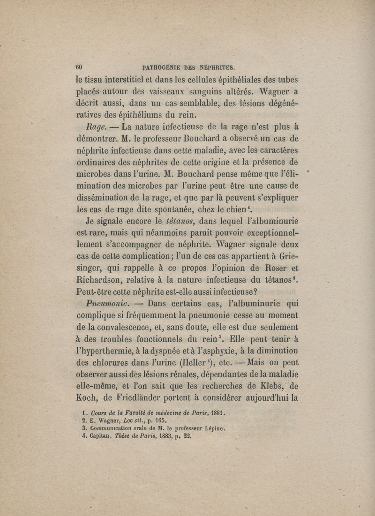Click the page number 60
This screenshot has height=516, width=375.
coord(79,66)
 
